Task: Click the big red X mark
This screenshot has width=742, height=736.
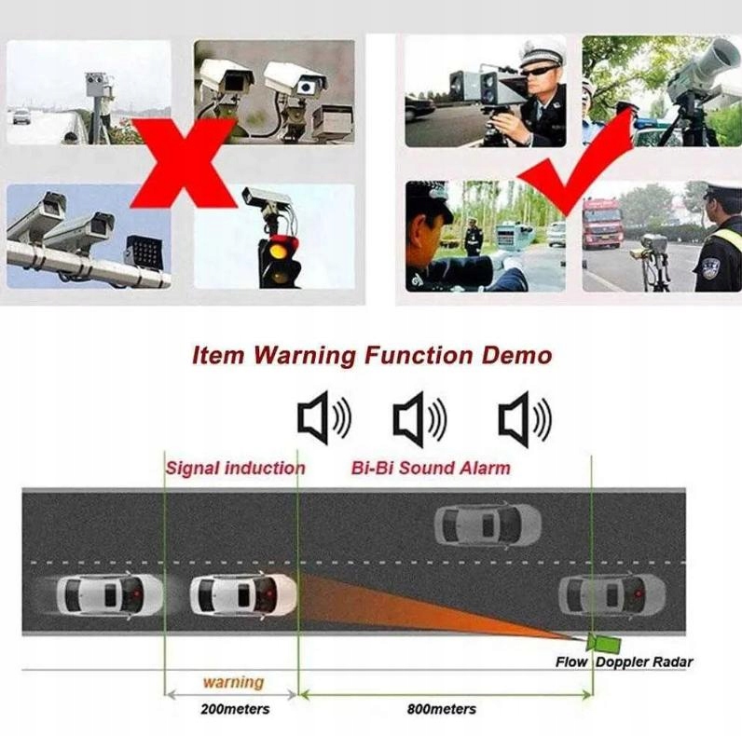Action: pyautogui.click(x=182, y=163)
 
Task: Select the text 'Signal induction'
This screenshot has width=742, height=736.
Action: pyautogui.click(x=236, y=469)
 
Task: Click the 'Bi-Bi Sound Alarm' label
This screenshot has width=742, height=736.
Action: pyautogui.click(x=431, y=469)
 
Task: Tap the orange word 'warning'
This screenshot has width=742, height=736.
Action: pyautogui.click(x=233, y=682)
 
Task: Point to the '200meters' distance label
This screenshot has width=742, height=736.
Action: pyautogui.click(x=235, y=709)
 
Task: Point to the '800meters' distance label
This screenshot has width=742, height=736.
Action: pyautogui.click(x=442, y=709)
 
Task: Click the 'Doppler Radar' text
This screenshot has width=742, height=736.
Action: pyautogui.click(x=644, y=662)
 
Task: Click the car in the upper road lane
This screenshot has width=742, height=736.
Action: pyautogui.click(x=488, y=525)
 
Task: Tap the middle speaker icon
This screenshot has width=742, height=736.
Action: pyautogui.click(x=419, y=419)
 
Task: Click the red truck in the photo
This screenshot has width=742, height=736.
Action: pyautogui.click(x=602, y=224)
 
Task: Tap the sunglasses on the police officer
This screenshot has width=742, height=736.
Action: pyautogui.click(x=539, y=73)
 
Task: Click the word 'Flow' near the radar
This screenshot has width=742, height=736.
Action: pyautogui.click(x=571, y=662)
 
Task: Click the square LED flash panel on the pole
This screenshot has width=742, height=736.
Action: pyautogui.click(x=144, y=250)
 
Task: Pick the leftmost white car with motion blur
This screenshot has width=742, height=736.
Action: pyautogui.click(x=109, y=596)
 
